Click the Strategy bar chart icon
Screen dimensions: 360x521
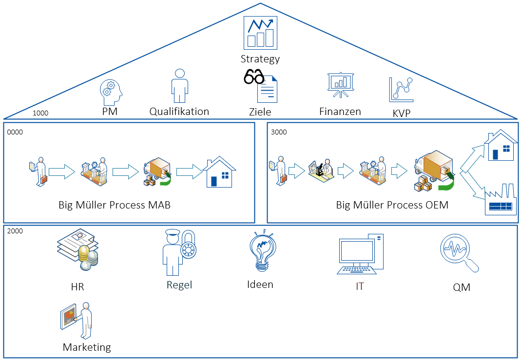click(x=260, y=33)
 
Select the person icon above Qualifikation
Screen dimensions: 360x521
click(x=179, y=85)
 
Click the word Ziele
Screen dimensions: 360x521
click(x=260, y=112)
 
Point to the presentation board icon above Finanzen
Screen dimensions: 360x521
click(x=340, y=85)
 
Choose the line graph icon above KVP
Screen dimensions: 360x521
click(x=402, y=90)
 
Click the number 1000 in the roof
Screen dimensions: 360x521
click(x=40, y=113)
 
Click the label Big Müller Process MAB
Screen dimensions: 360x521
click(x=115, y=205)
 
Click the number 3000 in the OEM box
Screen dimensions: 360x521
click(x=279, y=132)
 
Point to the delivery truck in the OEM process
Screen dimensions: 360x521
click(x=434, y=171)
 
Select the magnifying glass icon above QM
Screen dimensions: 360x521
click(x=459, y=253)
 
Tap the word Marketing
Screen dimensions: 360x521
click(x=87, y=347)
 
